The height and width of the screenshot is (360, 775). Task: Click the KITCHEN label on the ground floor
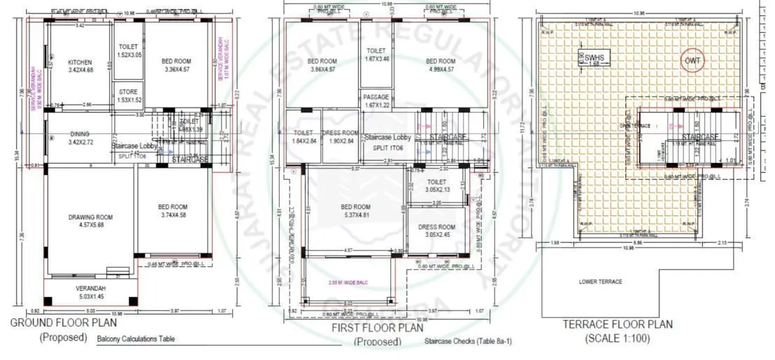pyautogui.click(x=80, y=66)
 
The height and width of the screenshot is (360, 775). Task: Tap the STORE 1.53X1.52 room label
pyautogui.click(x=128, y=96)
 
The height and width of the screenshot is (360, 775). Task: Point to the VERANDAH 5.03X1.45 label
pyautogui.click(x=91, y=293)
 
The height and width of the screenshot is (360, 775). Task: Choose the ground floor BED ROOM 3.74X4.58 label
pyautogui.click(x=172, y=210)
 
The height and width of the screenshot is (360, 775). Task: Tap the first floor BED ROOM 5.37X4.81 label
pyautogui.click(x=356, y=211)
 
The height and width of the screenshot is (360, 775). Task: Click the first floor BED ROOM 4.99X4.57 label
pyautogui.click(x=441, y=65)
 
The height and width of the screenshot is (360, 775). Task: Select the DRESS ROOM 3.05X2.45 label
pyautogui.click(x=436, y=231)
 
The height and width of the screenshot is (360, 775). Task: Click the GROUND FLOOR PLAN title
pyautogui.click(x=64, y=323)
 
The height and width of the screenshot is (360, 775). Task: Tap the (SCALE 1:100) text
pyautogui.click(x=618, y=339)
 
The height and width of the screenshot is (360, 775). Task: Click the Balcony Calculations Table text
pyautogui.click(x=136, y=340)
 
